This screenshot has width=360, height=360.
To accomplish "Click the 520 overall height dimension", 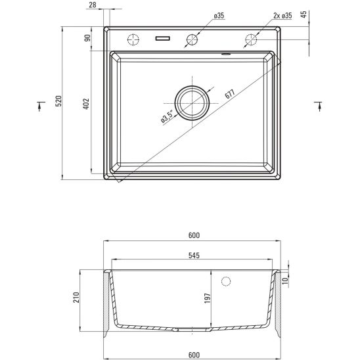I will tap(58, 101).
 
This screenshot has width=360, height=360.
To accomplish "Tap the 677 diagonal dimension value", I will tap(229, 93).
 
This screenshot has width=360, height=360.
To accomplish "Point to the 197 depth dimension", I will tap(208, 298).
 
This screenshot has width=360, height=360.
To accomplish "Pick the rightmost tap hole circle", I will tap(250, 39).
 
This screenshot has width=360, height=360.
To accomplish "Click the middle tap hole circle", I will tap(192, 39).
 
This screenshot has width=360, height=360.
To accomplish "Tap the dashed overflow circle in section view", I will tap(227, 282).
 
